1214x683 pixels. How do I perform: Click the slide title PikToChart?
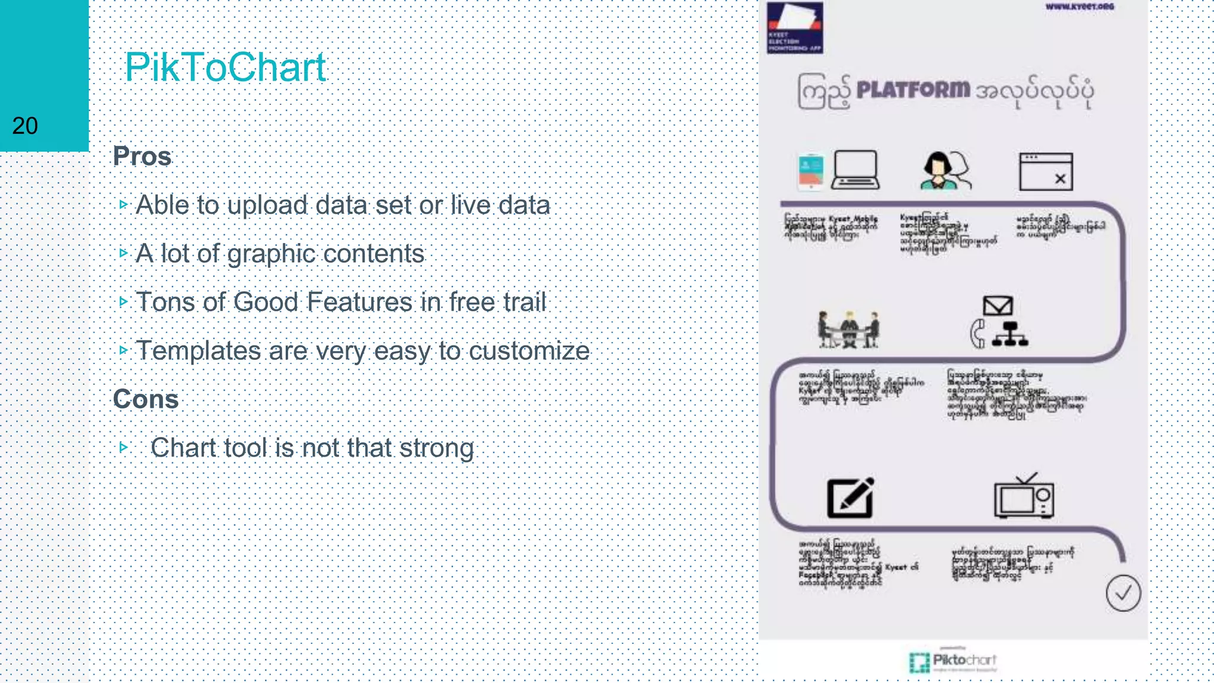point(225,67)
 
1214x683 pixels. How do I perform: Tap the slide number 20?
point(25,126)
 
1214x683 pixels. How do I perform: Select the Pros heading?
point(142,157)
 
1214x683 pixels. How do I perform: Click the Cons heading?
point(146,399)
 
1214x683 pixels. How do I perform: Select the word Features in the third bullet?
point(360,302)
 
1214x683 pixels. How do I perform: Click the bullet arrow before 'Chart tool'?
point(123,446)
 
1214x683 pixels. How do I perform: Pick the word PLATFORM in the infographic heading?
point(913,90)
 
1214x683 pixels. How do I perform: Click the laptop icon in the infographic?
point(855,170)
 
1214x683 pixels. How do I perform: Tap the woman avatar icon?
point(939,171)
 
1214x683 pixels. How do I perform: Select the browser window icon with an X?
point(1046,172)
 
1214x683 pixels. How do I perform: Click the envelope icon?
point(998,306)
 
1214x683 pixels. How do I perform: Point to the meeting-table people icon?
point(848,329)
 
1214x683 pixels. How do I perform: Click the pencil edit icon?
point(851,497)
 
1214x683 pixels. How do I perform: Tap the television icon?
point(1024,497)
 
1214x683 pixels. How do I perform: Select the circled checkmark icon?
point(1123,593)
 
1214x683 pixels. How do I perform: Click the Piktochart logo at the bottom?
point(953,661)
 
